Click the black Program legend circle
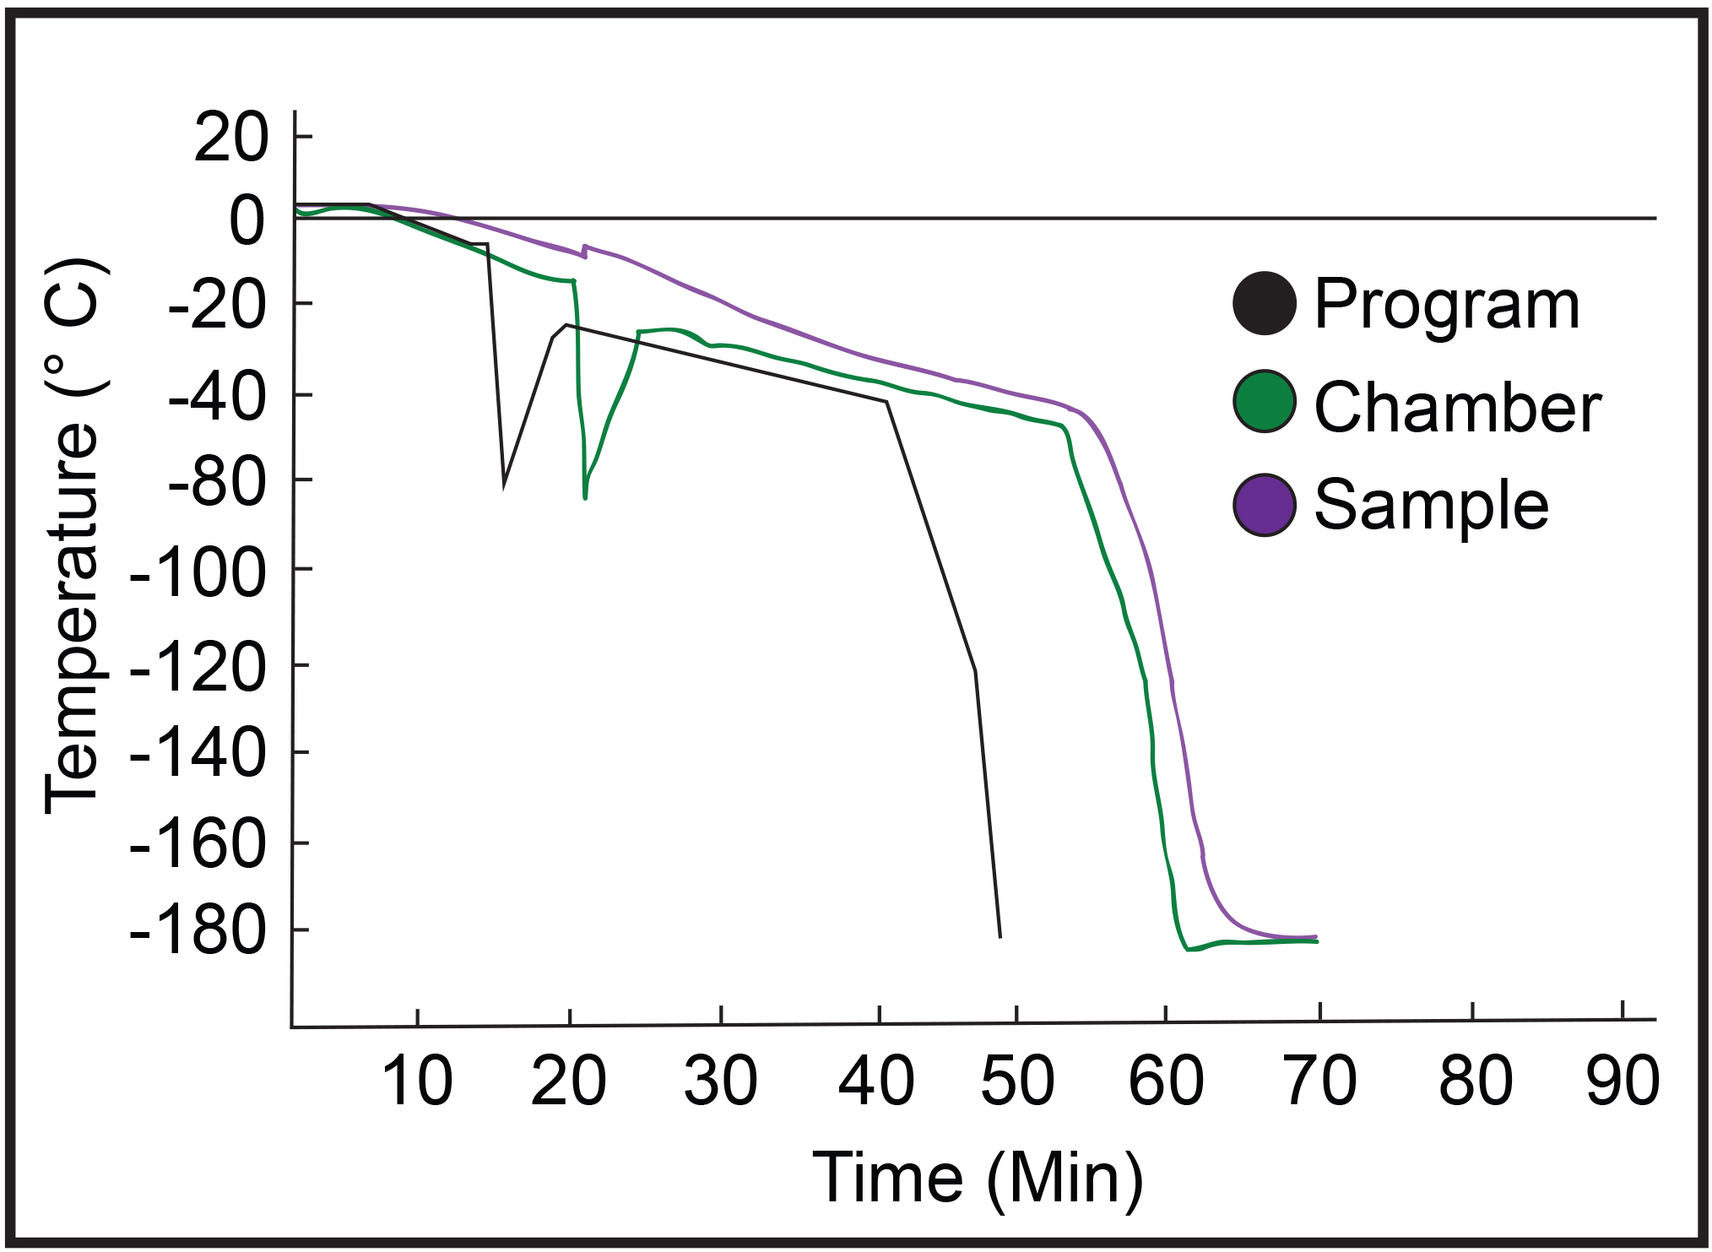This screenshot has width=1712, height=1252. (1264, 304)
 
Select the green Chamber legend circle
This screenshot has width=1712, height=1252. (1264, 402)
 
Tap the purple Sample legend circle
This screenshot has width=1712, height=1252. (1264, 505)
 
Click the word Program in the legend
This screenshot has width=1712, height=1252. (1447, 306)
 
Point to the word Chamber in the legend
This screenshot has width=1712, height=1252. (1458, 407)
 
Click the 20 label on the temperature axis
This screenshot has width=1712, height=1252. (230, 138)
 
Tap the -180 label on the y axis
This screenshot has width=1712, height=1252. (198, 931)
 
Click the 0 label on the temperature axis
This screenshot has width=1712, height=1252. (248, 221)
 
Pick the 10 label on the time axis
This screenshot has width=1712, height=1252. (417, 1081)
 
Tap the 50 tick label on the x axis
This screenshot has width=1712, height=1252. (1017, 1081)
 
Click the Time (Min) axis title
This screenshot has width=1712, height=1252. (978, 1178)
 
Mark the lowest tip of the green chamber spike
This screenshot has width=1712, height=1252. (585, 498)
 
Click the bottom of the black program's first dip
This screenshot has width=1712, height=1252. (504, 485)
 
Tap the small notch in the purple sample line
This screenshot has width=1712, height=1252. (584, 251)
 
